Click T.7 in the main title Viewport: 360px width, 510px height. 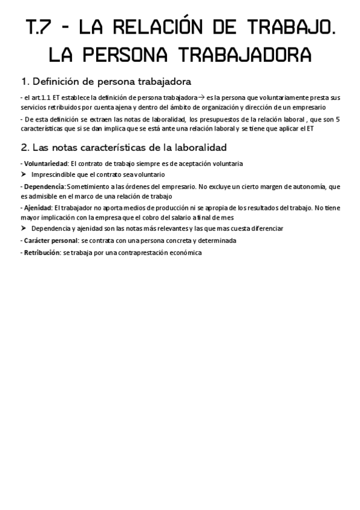point(41,28)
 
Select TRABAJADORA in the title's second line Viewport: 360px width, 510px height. point(246,55)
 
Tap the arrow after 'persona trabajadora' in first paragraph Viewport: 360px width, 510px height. point(201,97)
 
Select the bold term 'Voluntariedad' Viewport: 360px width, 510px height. point(46,164)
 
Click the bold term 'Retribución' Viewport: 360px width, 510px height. point(42,253)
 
